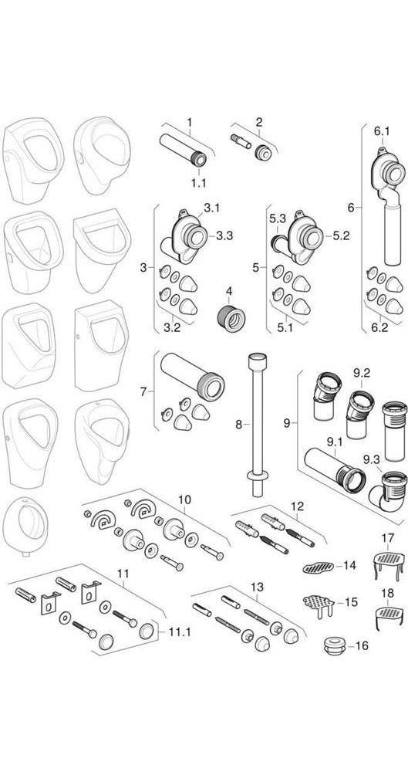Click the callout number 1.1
coord(198,183)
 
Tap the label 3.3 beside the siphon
coord(224,235)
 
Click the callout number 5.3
coord(278,218)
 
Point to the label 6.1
coord(382,130)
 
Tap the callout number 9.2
coord(362,373)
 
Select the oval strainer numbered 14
coord(318,567)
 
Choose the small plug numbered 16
coord(334,645)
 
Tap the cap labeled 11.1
coord(147,630)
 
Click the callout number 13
coord(257,587)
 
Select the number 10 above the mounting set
coord(184,499)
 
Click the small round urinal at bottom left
coord(25,525)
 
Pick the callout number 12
coord(297,506)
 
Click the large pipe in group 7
coord(193,375)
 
